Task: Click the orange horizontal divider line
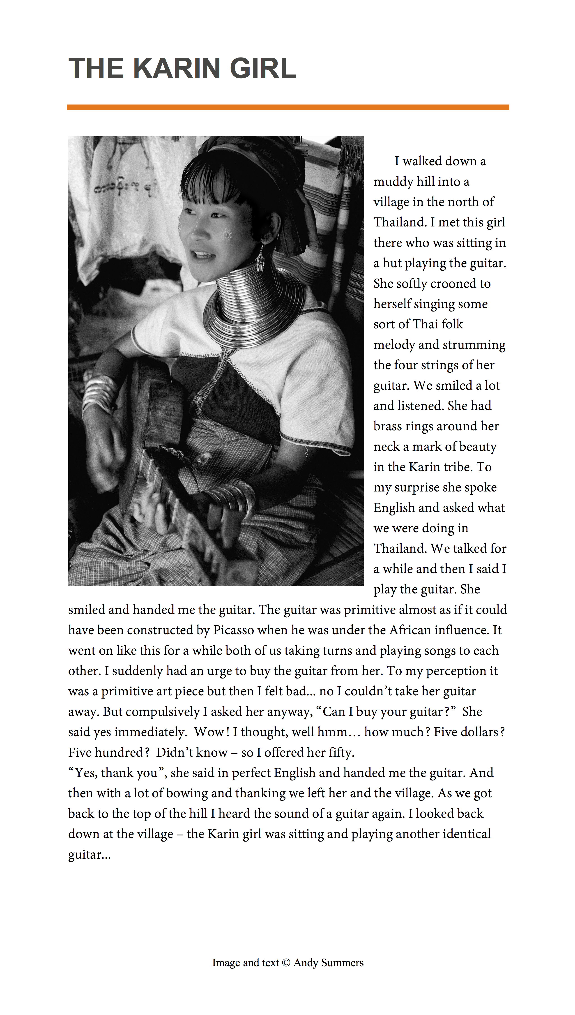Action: [287, 107]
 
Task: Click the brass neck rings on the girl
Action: [253, 312]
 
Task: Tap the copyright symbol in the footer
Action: [286, 963]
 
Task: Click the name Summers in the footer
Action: [342, 963]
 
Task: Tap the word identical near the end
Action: [466, 834]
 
